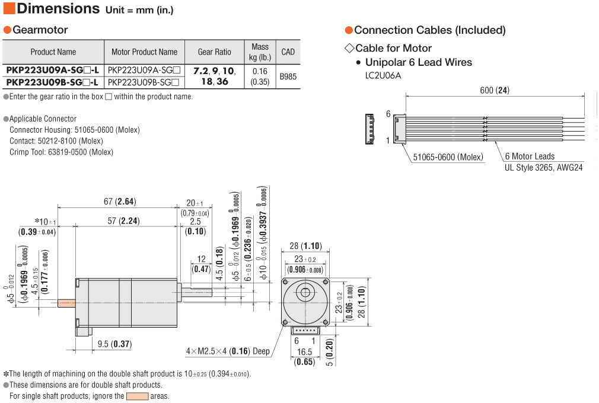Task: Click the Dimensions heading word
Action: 58,9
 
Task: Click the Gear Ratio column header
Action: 214,52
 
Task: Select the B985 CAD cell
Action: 288,76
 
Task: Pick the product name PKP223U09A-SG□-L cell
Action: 53,71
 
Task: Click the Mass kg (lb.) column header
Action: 260,52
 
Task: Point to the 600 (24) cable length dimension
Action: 495,91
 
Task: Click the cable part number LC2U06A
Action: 383,75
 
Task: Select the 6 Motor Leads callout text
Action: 530,156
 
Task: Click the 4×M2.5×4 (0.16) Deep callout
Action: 228,351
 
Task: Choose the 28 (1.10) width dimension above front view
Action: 305,246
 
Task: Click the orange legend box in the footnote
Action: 137,396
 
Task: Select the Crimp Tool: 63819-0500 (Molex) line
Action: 61,152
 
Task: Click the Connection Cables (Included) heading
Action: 429,30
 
